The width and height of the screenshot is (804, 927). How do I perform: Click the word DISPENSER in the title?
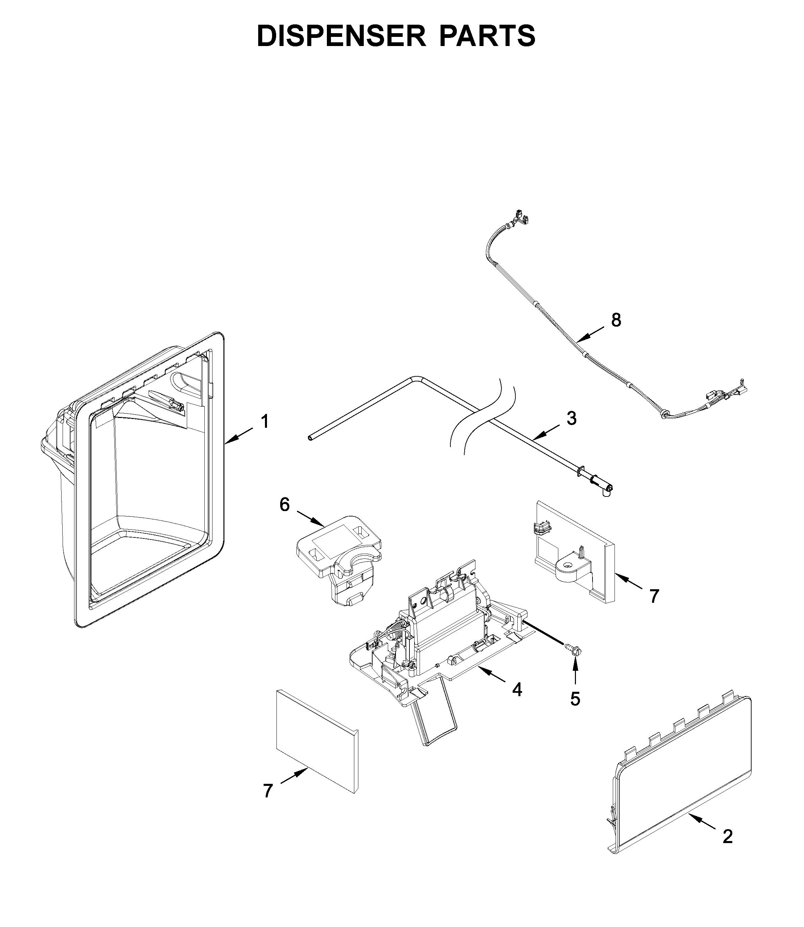[341, 36]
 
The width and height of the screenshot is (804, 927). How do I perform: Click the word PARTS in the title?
[487, 36]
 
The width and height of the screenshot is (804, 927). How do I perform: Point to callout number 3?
[571, 418]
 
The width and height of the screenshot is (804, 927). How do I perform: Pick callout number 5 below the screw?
[575, 699]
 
